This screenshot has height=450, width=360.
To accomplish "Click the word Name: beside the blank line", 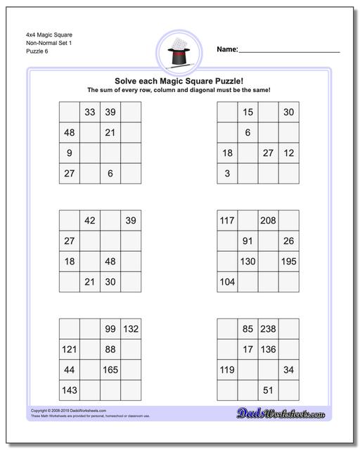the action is point(227,49).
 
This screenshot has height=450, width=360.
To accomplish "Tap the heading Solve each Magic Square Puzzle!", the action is point(179,81).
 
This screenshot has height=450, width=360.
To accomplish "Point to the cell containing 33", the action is point(90,112).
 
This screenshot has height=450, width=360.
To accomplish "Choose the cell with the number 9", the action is point(70,153).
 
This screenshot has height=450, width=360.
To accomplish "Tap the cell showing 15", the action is point(247,112).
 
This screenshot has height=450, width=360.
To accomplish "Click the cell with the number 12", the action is point(289,153).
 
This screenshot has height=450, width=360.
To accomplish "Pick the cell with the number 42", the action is point(90,221).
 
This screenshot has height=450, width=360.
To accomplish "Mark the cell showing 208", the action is point(268,221).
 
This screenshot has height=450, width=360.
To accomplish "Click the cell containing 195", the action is point(289,262).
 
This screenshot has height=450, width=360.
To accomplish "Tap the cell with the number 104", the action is point(227,282).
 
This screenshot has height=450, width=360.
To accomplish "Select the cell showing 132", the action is point(131,329).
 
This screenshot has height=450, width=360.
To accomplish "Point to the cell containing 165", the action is point(110,370).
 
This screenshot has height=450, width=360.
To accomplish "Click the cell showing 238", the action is point(268,329).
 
